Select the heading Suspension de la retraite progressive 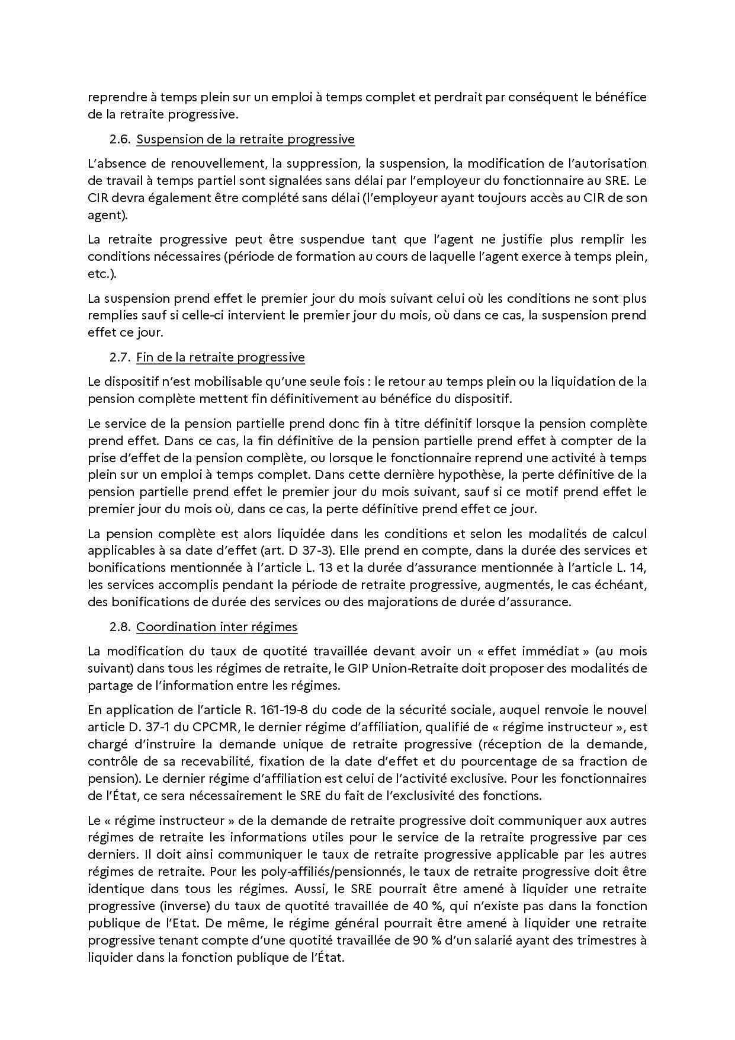tap(245, 139)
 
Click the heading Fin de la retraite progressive tap(220, 357)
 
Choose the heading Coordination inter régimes tap(217, 627)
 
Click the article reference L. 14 tap(631, 568)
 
